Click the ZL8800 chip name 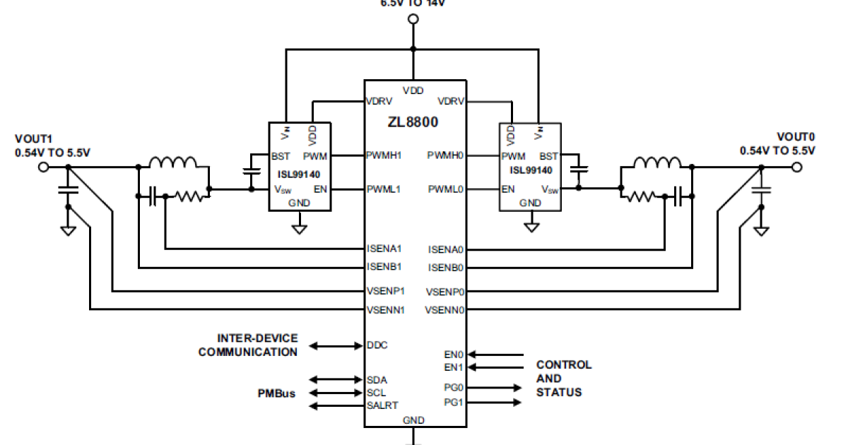(413, 121)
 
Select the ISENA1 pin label (384, 249)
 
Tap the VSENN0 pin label (444, 309)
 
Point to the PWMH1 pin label (384, 155)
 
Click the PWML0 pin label (445, 189)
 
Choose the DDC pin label (377, 345)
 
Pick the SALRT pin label (382, 405)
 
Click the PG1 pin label (454, 403)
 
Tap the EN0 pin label (454, 354)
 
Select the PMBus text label (276, 393)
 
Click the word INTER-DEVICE (257, 339)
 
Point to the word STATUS (559, 392)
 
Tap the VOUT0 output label (796, 136)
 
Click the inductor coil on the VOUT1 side (174, 164)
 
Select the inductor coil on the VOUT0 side (657, 164)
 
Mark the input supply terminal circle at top (413, 18)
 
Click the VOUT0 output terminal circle (798, 167)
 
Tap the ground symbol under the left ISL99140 (300, 229)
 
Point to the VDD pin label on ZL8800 (413, 90)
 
